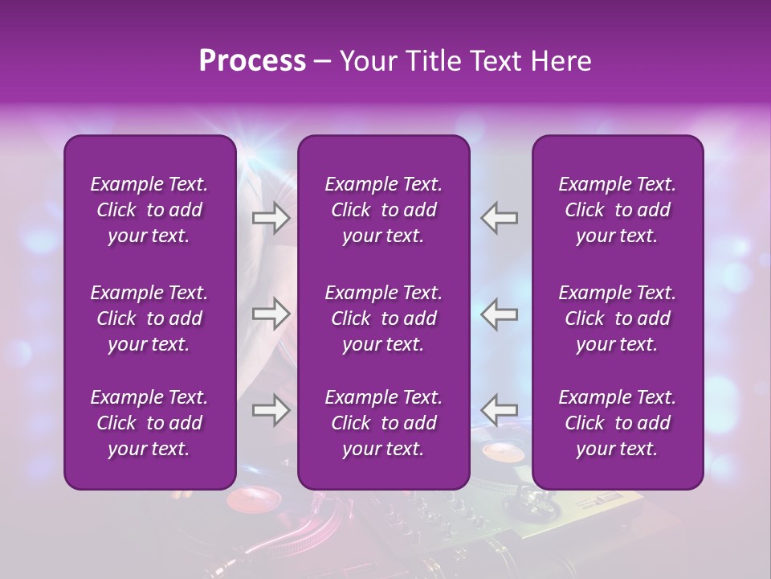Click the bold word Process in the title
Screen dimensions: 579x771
pos(252,61)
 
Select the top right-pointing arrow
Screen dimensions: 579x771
pos(271,218)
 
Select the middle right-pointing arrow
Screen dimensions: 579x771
pos(271,314)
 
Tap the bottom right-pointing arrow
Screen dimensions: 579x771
pos(271,410)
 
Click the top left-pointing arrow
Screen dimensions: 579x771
pos(500,218)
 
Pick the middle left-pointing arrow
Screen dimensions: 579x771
pos(500,314)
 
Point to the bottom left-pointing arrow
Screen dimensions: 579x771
pos(500,410)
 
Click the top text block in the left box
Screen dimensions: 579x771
pos(149,210)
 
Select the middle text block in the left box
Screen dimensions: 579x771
pos(149,318)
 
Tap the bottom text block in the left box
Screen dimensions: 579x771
pos(149,423)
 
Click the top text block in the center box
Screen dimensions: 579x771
pos(384,210)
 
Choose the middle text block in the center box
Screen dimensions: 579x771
pos(384,318)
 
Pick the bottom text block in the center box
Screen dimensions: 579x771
pos(384,423)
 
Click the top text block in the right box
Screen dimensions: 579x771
pos(618,210)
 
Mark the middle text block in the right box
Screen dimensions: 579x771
pos(618,318)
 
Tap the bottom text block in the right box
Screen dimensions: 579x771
pos(618,423)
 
